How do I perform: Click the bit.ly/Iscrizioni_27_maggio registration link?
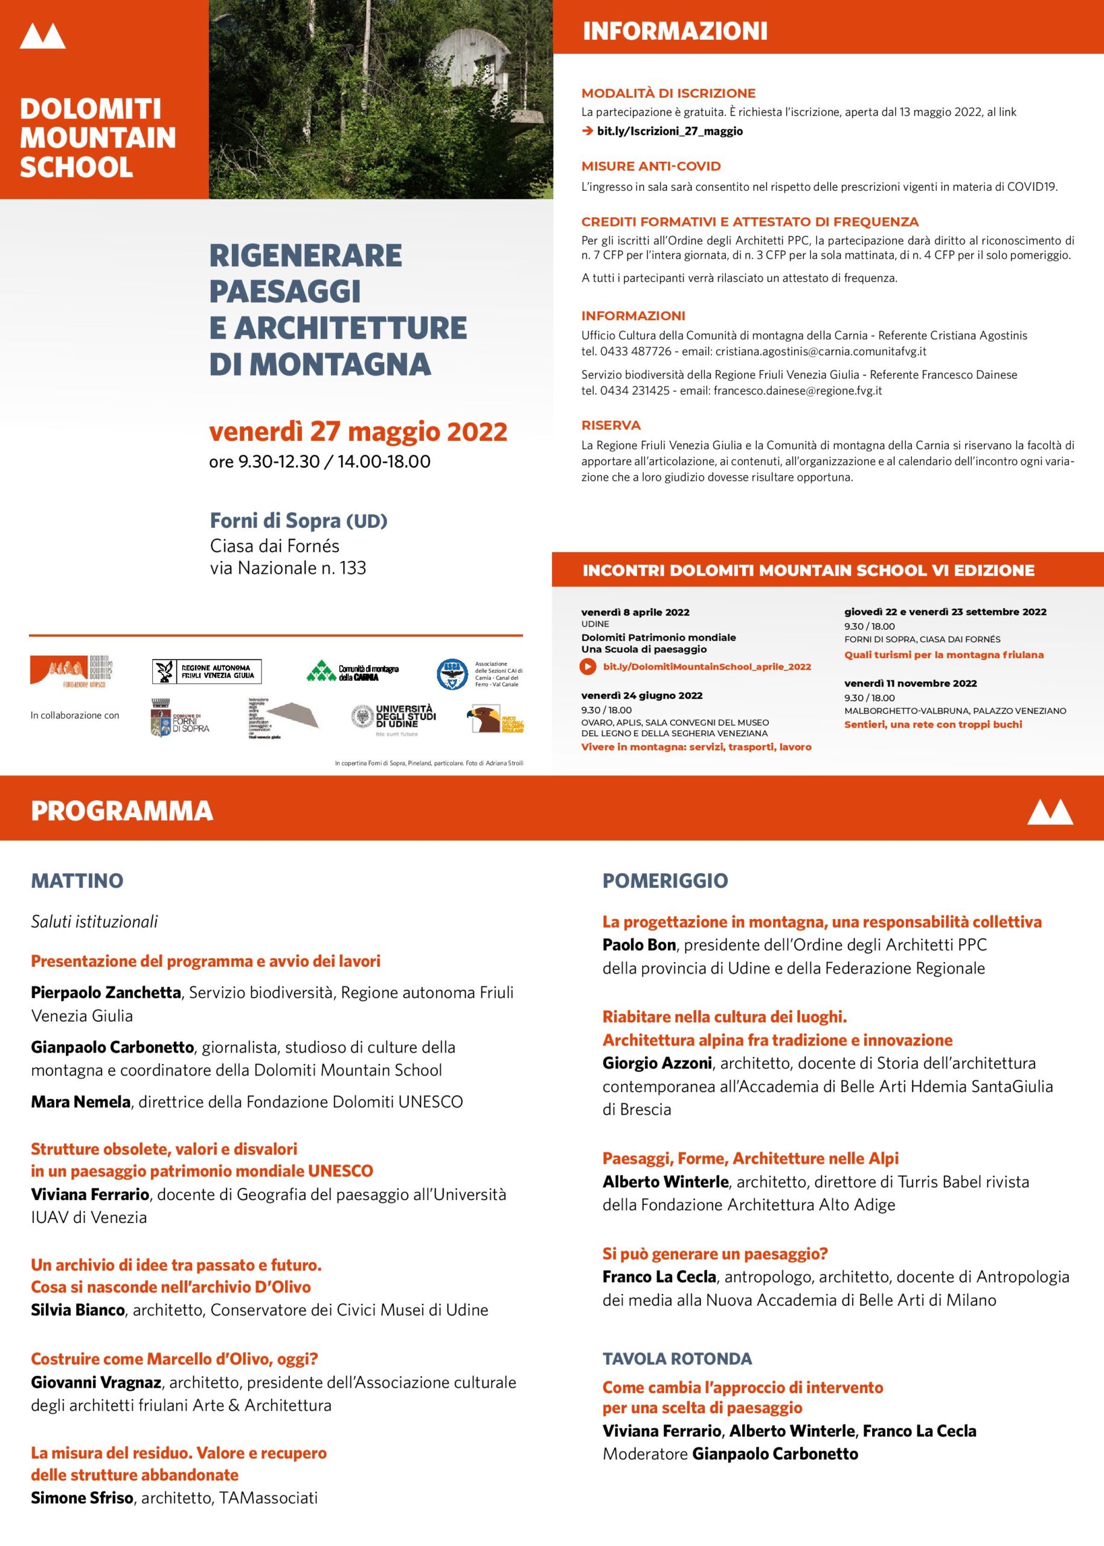click(x=669, y=131)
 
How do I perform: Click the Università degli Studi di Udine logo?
click(x=394, y=717)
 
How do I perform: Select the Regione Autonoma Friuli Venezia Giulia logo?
click(x=207, y=672)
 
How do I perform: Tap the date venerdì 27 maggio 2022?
click(x=358, y=432)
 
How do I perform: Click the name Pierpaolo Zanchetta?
click(x=105, y=992)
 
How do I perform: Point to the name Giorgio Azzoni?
click(x=656, y=1063)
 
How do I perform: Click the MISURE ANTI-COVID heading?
click(x=650, y=167)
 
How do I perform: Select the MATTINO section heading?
click(x=77, y=880)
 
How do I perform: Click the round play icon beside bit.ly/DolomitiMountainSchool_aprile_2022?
click(x=588, y=667)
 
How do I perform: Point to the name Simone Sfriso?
click(x=82, y=1497)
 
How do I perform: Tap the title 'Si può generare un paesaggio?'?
click(x=714, y=1254)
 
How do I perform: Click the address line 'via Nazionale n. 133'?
click(x=287, y=568)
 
